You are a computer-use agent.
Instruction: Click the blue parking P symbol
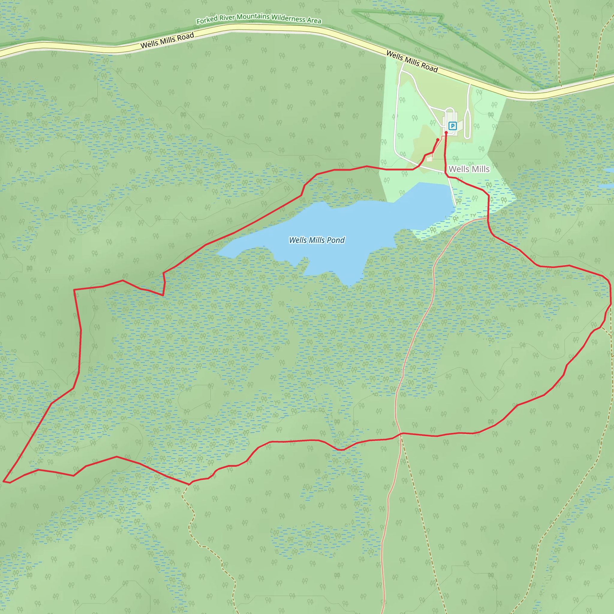pos(452,126)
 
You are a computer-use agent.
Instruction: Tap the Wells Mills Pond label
pos(317,240)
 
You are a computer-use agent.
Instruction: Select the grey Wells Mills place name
pos(469,169)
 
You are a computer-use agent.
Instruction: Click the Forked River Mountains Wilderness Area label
pos(259,18)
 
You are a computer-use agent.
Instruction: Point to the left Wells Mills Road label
pos(167,41)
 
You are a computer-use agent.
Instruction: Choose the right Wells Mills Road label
pos(412,61)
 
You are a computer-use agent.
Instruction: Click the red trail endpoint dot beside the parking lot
pos(446,133)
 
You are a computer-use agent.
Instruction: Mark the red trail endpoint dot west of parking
pos(438,140)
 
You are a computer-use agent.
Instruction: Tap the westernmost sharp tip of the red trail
pos(4,481)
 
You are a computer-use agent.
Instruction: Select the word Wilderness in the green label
pos(288,18)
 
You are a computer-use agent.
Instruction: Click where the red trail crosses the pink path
pos(401,434)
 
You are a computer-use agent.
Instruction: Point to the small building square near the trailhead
pos(429,159)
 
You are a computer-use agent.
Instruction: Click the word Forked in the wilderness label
pos(207,20)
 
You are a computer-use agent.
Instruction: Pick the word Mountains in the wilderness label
pos(253,16)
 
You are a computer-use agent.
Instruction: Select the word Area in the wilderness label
pos(314,21)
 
